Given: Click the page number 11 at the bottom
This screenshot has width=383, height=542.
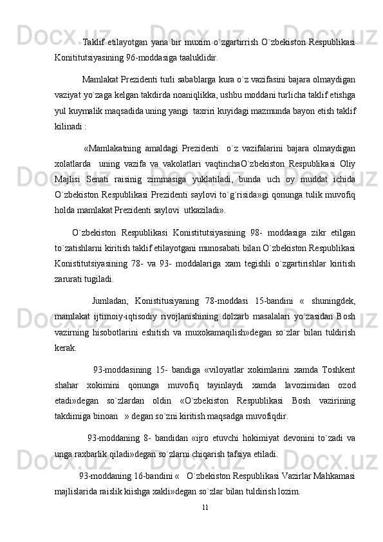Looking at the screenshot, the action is [205, 507].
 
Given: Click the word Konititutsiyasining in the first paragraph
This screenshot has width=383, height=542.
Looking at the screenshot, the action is [89, 57].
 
